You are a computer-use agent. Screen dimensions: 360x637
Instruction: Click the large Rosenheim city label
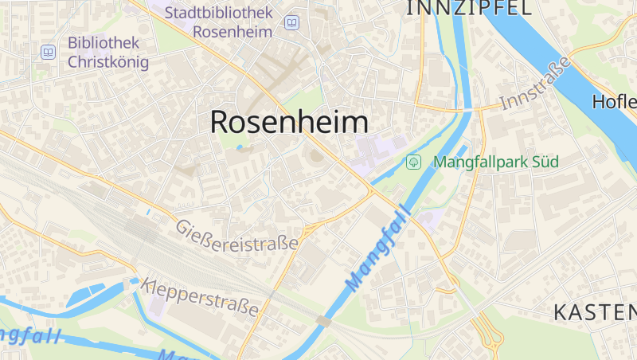[289, 122]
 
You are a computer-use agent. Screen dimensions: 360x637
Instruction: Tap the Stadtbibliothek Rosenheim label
[219, 22]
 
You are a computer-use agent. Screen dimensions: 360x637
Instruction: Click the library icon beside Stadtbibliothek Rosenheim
[291, 22]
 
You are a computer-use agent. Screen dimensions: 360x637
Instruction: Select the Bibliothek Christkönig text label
[108, 52]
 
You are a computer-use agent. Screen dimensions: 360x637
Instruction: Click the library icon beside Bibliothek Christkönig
[49, 52]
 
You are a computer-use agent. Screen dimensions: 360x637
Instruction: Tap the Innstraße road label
[536, 84]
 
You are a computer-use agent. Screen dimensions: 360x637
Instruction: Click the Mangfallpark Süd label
[495, 162]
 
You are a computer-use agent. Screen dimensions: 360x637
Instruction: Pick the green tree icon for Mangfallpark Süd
[414, 162]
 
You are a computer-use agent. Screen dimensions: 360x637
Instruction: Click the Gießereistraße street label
[237, 236]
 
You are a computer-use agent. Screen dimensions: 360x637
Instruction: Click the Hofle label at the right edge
[615, 102]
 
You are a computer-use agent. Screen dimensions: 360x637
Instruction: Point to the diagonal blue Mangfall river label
[377, 248]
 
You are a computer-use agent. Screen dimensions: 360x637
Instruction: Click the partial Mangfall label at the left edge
[28, 335]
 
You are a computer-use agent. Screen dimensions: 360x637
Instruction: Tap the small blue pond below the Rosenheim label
[240, 147]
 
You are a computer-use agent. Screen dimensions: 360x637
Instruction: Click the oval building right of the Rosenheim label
[316, 155]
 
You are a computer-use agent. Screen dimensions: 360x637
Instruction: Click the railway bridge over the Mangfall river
[323, 320]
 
